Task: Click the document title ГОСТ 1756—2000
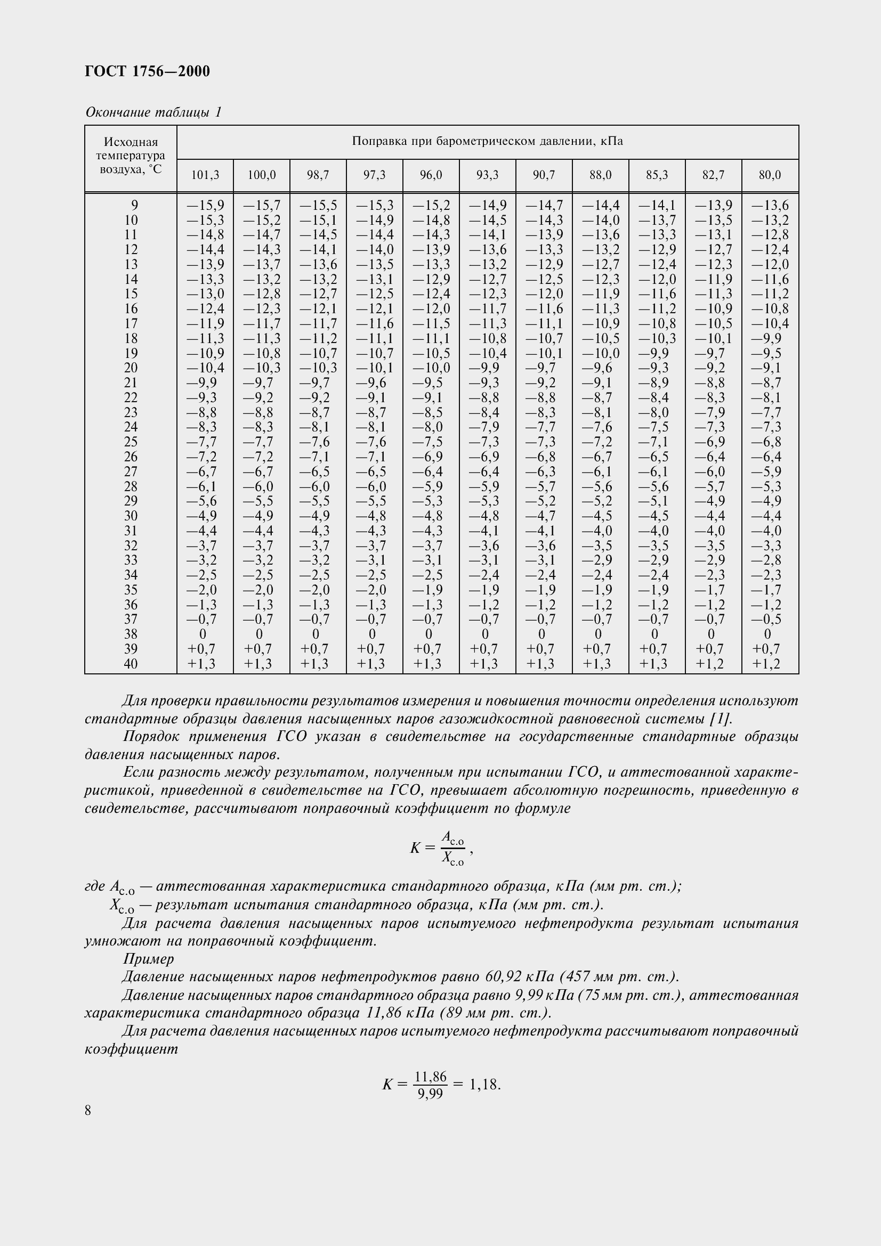pos(148,71)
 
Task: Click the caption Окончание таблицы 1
pos(153,112)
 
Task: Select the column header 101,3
pos(205,175)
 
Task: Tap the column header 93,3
pos(487,175)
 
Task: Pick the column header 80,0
pos(770,175)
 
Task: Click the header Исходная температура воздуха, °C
pos(131,156)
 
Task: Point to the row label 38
pos(131,634)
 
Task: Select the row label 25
pos(131,442)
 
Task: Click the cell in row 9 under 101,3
pos(205,205)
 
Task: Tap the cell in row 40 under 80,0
pos(766,664)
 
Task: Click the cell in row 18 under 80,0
pos(766,339)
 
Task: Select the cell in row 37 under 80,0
pos(766,619)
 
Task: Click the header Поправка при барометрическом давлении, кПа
pos(487,142)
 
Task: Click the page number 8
pos(88,1111)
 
